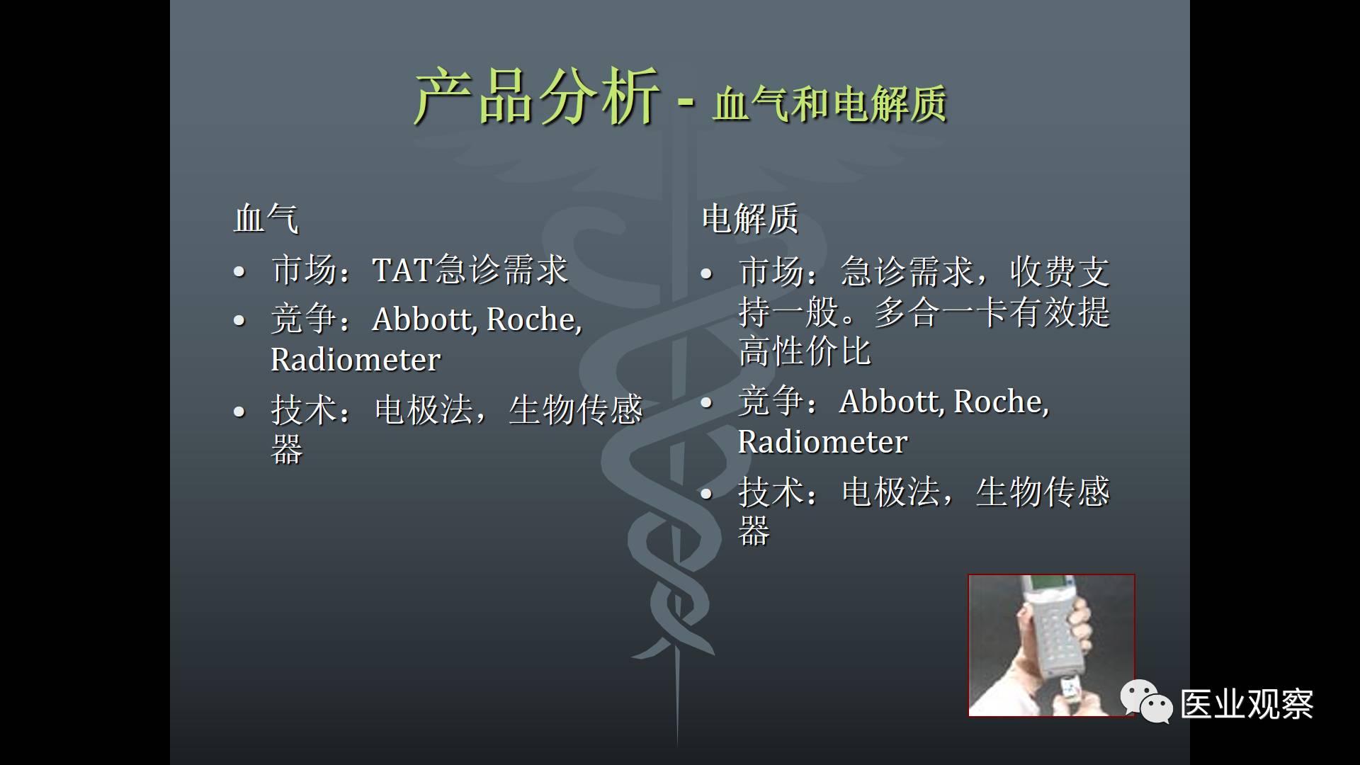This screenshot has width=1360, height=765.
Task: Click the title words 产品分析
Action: pos(537,98)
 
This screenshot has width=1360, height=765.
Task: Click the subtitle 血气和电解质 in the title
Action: pos(830,105)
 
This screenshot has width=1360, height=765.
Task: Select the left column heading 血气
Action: pos(266,218)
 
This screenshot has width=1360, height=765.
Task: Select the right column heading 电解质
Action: pos(750,218)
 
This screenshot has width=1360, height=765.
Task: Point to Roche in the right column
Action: pos(1001,401)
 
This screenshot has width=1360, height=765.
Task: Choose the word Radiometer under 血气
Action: pos(356,360)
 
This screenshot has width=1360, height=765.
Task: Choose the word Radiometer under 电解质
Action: pos(822,442)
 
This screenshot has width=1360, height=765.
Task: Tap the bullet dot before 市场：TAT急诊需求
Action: pos(239,271)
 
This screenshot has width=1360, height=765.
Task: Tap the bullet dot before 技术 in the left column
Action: pos(239,412)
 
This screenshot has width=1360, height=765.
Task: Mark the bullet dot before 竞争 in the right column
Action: pos(706,403)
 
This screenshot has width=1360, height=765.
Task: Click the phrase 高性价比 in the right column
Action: pos(805,352)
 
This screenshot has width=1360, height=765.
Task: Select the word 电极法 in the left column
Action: pos(424,410)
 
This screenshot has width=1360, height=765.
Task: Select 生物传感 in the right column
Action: pos(1043,492)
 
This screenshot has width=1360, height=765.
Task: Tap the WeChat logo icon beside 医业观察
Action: pos(1146,702)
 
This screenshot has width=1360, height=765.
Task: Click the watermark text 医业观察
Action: pos(1247,704)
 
